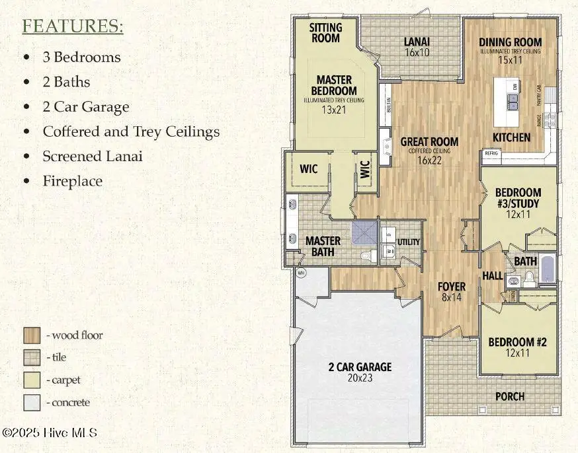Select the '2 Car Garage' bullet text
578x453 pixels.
coord(85,107)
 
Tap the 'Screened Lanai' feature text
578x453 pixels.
coord(92,156)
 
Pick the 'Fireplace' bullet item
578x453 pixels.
coord(72,180)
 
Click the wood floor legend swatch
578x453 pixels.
coord(32,335)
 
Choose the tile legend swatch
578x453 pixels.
coord(32,357)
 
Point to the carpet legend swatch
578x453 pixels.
coord(32,380)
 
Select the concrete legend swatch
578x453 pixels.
coord(32,402)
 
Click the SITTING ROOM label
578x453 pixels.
coord(326,33)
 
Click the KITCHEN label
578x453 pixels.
coord(511,137)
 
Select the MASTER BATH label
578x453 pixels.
coord(323,246)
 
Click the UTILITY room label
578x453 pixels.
coord(408,242)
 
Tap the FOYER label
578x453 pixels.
coord(452,287)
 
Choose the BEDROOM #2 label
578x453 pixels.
coord(517,342)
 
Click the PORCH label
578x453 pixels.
coord(510,396)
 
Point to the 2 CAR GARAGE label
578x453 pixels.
coord(360,367)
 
